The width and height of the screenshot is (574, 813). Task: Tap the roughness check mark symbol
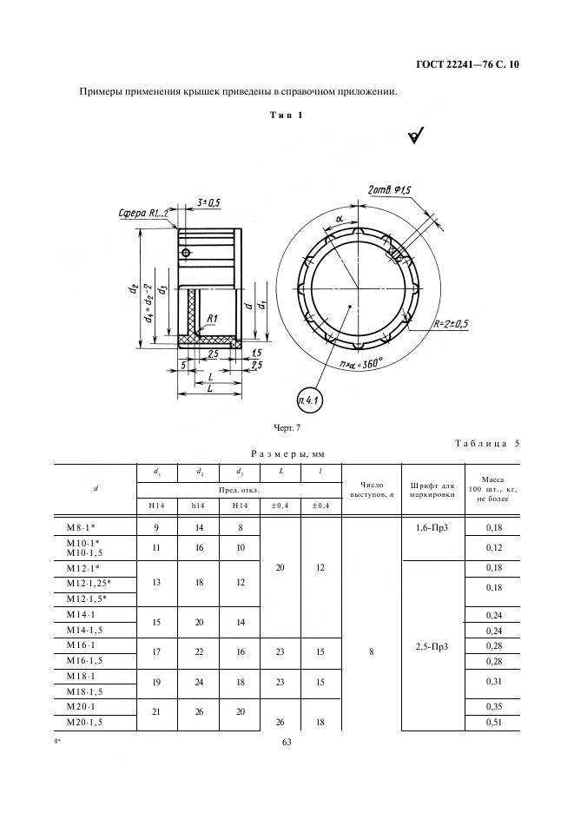[416, 135]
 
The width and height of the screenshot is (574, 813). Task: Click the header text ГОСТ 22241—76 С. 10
[467, 65]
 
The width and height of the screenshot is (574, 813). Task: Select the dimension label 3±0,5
[208, 202]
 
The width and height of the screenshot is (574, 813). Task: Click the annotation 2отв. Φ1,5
[389, 190]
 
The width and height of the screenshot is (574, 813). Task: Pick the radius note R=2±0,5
[451, 325]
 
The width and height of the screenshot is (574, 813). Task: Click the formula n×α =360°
[361, 364]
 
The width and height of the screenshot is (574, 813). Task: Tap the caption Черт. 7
[287, 428]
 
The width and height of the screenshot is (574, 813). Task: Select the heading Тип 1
[287, 116]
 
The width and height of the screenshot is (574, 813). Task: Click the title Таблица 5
[487, 443]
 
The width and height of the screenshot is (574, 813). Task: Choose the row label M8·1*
[81, 527]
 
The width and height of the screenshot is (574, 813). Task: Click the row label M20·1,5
[84, 723]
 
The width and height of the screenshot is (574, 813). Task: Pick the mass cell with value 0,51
[493, 723]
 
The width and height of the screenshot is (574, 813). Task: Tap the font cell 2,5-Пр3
[432, 646]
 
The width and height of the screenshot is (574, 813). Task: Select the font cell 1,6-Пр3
[432, 528]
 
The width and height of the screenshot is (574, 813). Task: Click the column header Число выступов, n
[372, 490]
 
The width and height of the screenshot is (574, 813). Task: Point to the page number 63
[287, 742]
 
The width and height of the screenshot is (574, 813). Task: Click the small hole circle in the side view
[186, 253]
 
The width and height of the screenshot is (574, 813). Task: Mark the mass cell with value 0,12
[493, 547]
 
